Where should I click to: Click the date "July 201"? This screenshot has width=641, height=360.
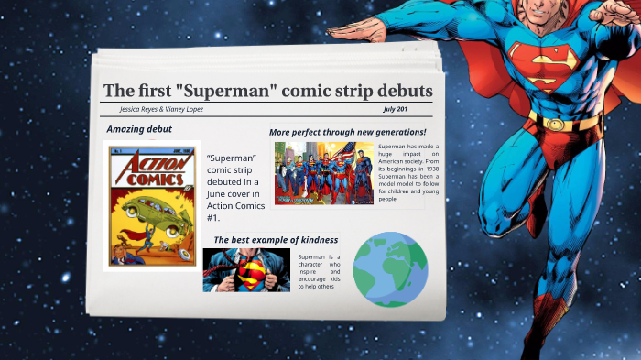coord(396,109)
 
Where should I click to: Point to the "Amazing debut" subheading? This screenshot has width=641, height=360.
coord(139,129)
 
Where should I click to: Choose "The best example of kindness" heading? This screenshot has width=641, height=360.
coord(276,240)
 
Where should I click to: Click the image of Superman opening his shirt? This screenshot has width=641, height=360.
coord(246,269)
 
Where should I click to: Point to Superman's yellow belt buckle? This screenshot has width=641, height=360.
coord(560,123)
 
